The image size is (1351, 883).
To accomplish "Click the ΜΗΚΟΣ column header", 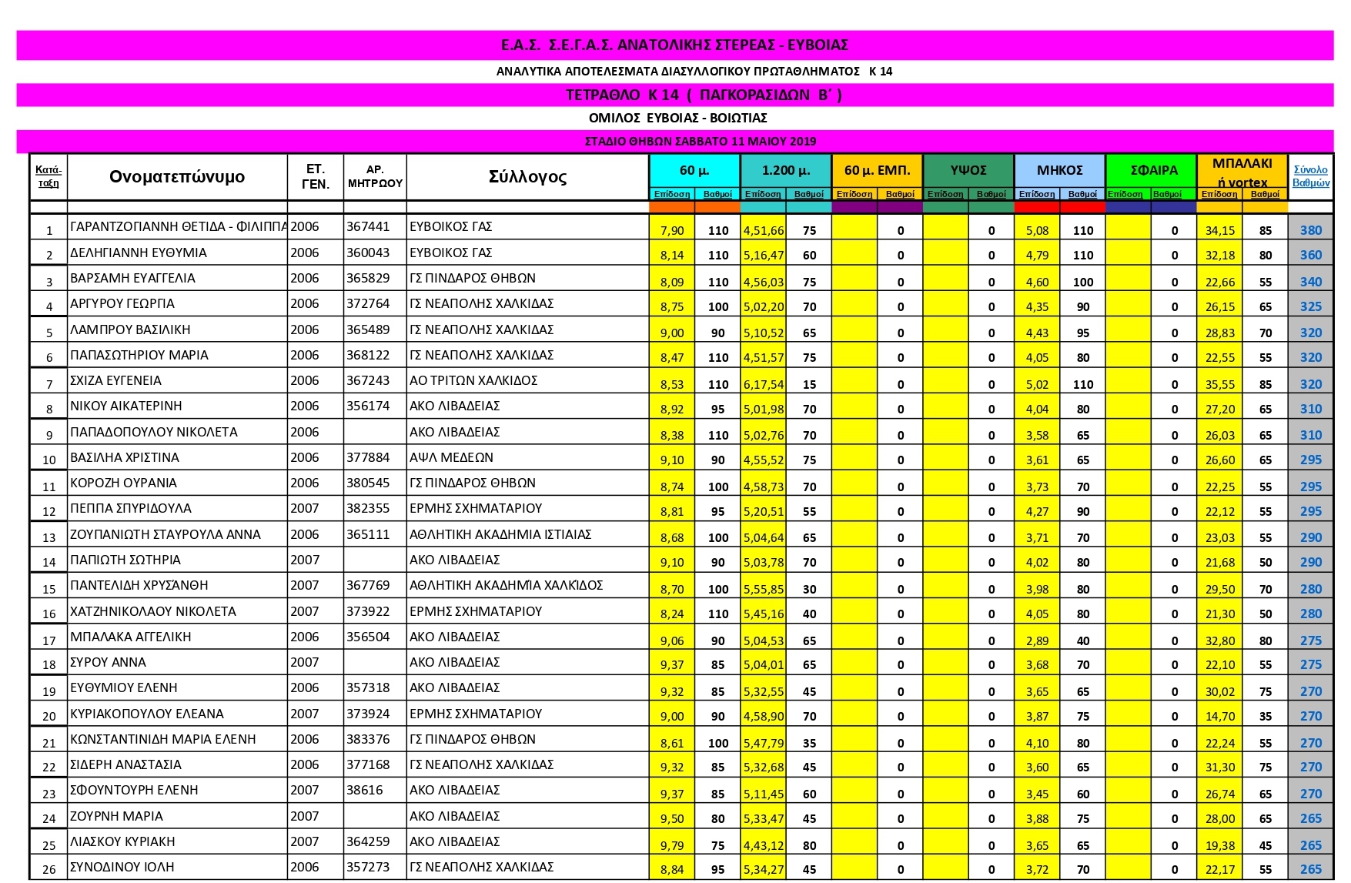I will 1059,170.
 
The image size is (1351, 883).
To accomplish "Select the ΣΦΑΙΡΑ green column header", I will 1153,170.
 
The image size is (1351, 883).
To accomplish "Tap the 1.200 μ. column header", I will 785,170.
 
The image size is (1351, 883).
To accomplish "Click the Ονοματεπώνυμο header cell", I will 177,177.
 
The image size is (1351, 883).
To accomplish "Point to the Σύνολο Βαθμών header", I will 1310,176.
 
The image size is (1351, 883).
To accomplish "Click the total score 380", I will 1310,230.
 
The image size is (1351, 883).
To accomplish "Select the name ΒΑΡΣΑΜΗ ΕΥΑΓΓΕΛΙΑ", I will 132,279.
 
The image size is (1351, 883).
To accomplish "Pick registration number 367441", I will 368,227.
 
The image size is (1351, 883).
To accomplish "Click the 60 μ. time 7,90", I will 671,230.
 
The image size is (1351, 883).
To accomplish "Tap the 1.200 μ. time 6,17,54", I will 764,384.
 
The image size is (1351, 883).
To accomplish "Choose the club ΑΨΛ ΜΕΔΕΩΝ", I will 451,458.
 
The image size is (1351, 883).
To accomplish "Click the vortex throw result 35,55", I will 1219,384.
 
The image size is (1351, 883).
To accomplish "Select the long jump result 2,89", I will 1037,641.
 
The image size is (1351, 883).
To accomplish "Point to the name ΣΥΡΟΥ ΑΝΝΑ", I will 108,663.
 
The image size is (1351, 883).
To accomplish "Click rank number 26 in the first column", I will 49,870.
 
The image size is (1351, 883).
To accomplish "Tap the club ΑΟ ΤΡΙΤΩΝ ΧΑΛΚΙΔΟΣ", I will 473,381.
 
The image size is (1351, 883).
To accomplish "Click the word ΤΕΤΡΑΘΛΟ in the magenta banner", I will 603,95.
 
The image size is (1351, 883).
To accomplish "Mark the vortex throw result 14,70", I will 1219,716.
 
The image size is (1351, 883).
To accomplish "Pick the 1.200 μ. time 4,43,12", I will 764,845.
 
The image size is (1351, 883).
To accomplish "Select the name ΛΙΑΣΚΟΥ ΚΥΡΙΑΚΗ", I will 122,842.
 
